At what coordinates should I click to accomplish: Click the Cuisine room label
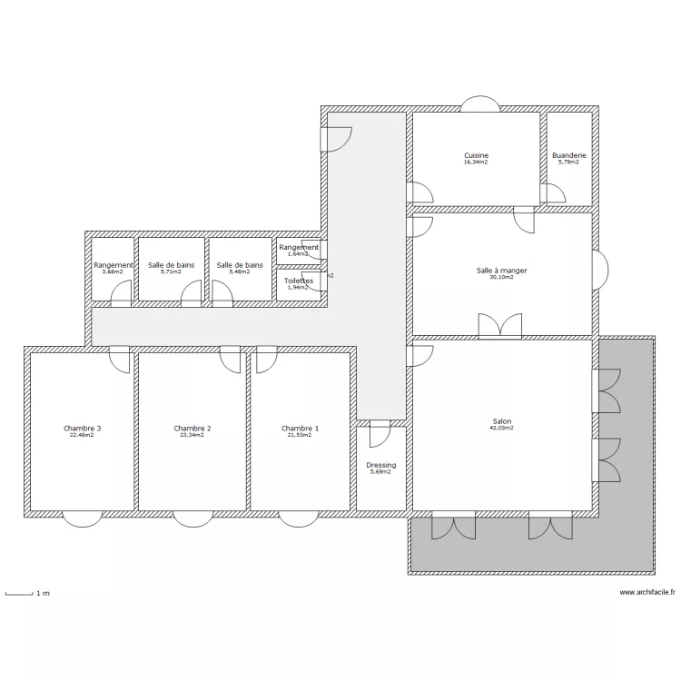coord(476,155)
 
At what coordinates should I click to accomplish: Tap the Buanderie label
coord(569,155)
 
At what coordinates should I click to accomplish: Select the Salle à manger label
coord(501,271)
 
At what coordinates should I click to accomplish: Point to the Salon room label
coord(502,421)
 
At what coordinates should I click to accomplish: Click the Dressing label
coord(381,465)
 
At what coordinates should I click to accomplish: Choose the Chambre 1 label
coord(300,429)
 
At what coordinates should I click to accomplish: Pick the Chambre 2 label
coord(192,429)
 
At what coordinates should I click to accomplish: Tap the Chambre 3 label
coord(82,429)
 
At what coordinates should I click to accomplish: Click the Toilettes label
coord(299,281)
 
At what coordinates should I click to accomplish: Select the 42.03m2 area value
coord(502,428)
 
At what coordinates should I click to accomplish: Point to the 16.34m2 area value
coord(476,163)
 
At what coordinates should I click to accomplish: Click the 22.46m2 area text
coord(82,435)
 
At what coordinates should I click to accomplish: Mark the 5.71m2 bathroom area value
coord(171,271)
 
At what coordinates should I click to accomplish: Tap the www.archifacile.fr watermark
coord(647,593)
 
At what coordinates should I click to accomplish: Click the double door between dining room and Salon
coord(500,327)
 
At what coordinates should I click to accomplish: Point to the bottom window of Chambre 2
coord(192,518)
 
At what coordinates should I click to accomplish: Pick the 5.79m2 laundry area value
coord(569,163)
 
